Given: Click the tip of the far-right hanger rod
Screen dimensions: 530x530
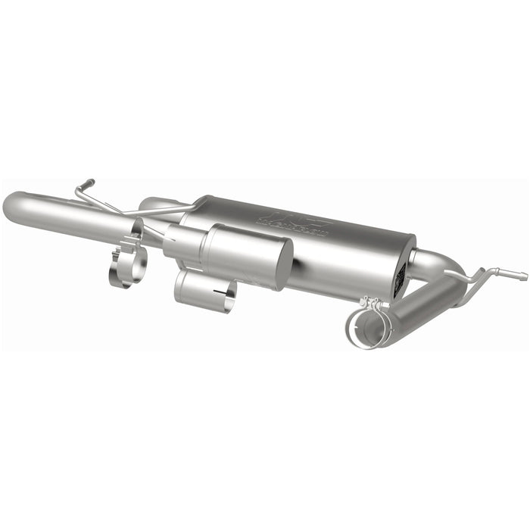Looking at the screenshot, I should pos(523,276).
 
